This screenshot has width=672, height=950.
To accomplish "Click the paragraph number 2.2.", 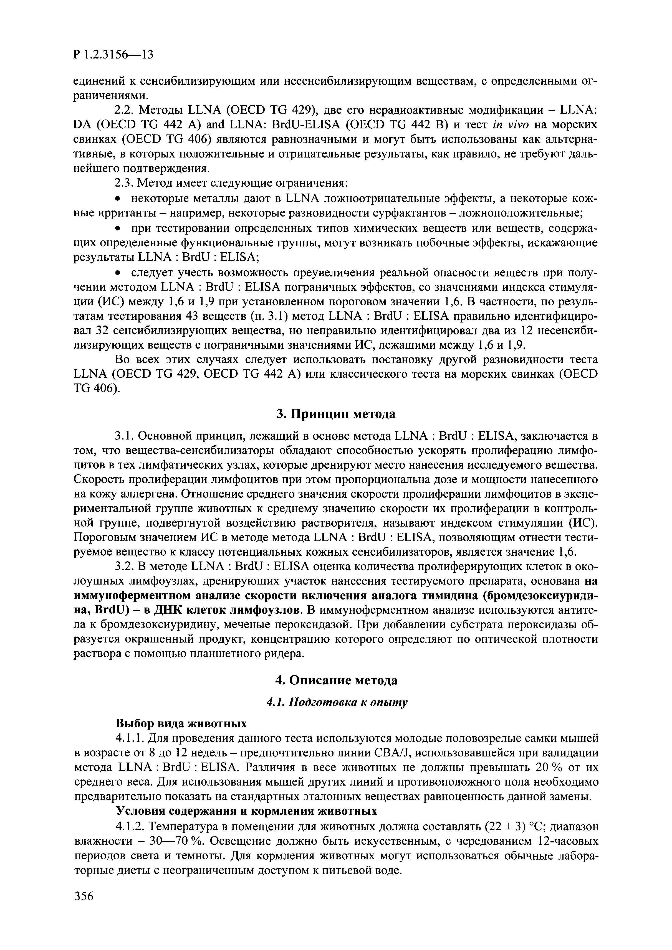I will pyautogui.click(x=125, y=110).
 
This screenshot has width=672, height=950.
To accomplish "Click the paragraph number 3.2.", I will pyautogui.click(x=125, y=566).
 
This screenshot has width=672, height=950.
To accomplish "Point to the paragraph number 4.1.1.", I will pyautogui.click(x=130, y=738).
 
